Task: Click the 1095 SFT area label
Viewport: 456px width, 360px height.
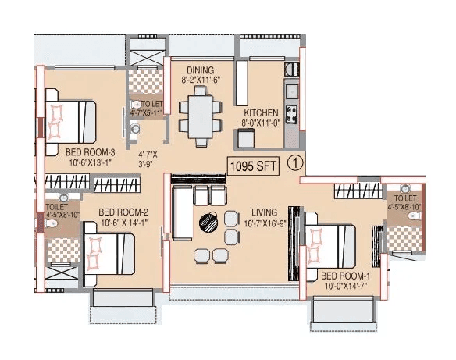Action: click(x=251, y=165)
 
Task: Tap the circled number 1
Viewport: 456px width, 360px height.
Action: click(x=294, y=164)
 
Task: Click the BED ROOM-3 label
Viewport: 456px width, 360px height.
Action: click(x=90, y=151)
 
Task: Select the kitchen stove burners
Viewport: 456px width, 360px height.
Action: click(x=291, y=113)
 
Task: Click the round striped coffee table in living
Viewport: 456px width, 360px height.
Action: click(x=208, y=221)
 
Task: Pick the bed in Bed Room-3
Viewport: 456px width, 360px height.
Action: click(x=69, y=120)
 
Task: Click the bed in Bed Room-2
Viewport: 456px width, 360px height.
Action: click(x=110, y=253)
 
